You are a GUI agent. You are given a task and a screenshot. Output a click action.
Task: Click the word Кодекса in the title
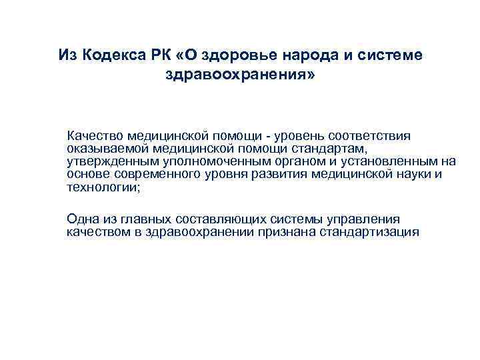[x=109, y=54]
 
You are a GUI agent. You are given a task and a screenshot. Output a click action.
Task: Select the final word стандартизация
[x=371, y=232]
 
